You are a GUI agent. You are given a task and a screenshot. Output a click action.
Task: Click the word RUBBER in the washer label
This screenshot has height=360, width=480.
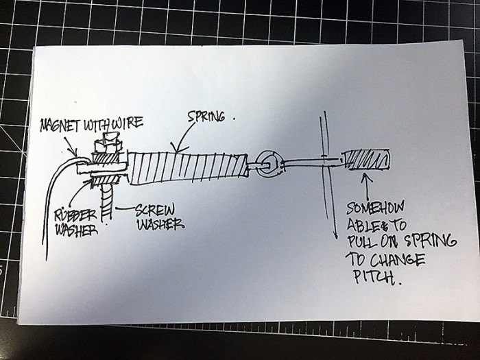point(76,214)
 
